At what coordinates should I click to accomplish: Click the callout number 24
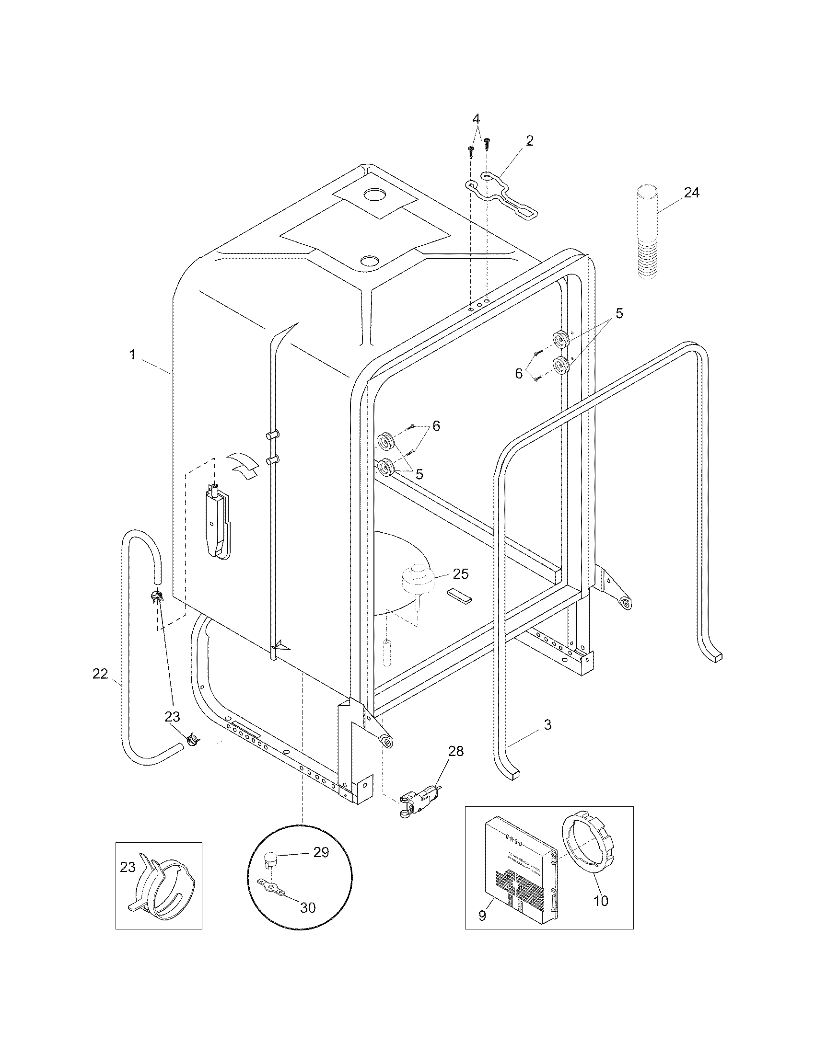pyautogui.click(x=691, y=193)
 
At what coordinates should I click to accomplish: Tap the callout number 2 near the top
pyautogui.click(x=530, y=141)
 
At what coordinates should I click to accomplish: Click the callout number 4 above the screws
pyautogui.click(x=476, y=119)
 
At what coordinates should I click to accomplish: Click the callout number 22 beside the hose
pyautogui.click(x=100, y=674)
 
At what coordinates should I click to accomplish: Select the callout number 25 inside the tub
pyautogui.click(x=461, y=574)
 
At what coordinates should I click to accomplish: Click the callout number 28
pyautogui.click(x=455, y=751)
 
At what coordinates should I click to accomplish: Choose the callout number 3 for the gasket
pyautogui.click(x=547, y=724)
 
